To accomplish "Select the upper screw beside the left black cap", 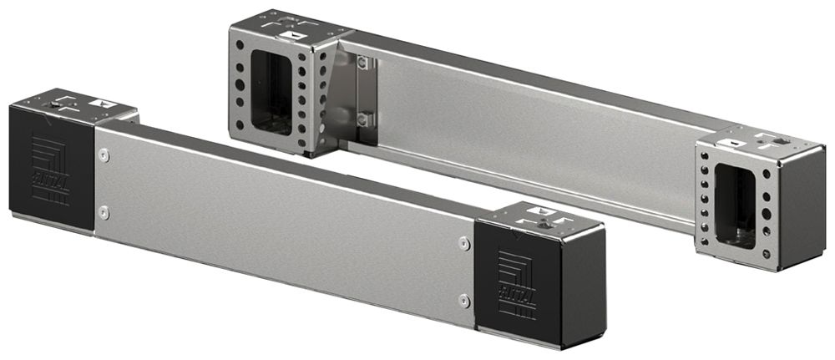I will (x=104, y=154).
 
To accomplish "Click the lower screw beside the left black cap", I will (x=103, y=211).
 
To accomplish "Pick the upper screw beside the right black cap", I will (x=464, y=243).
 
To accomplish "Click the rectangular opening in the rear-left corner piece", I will (x=271, y=92).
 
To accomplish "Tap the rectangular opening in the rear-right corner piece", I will (x=736, y=205).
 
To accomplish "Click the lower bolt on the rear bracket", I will (x=362, y=120).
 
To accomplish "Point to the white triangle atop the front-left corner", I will (x=104, y=103).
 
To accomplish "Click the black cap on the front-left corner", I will (x=50, y=167).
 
